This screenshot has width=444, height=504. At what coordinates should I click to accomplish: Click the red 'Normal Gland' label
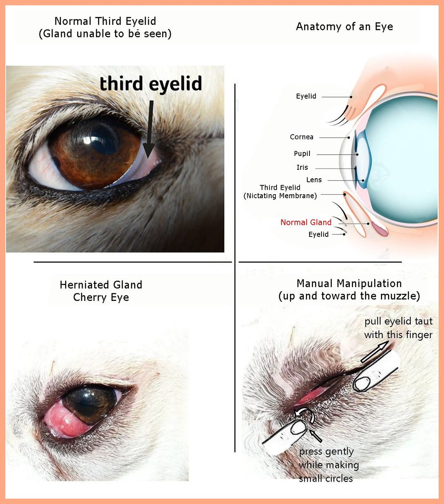(x=305, y=222)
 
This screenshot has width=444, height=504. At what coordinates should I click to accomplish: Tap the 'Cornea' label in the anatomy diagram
(x=301, y=137)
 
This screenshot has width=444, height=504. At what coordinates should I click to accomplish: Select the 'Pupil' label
(x=302, y=154)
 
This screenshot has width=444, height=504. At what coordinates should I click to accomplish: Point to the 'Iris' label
(x=302, y=168)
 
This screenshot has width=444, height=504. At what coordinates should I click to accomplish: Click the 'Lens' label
(x=314, y=180)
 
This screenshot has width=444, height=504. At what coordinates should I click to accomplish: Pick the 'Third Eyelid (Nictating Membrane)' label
(x=280, y=192)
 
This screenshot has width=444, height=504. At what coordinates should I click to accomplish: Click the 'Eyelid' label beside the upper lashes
(x=306, y=96)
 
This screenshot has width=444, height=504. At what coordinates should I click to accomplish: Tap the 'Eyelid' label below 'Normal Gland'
(x=318, y=234)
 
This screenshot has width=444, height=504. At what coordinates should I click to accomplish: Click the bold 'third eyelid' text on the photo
(x=151, y=84)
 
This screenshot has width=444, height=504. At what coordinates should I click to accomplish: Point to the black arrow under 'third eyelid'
(x=150, y=129)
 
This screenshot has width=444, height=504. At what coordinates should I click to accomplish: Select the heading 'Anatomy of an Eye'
(x=345, y=27)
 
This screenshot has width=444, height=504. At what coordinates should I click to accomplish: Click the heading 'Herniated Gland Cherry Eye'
(x=101, y=291)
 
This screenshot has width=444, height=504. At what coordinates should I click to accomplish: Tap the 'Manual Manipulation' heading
(x=349, y=284)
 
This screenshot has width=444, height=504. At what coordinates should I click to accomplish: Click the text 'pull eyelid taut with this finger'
(x=398, y=328)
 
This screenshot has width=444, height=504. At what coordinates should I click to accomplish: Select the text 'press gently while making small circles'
(x=329, y=465)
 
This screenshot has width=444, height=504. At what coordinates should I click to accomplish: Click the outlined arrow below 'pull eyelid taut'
(x=374, y=352)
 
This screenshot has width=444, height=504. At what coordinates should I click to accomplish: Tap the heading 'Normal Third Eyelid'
(x=105, y=21)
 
